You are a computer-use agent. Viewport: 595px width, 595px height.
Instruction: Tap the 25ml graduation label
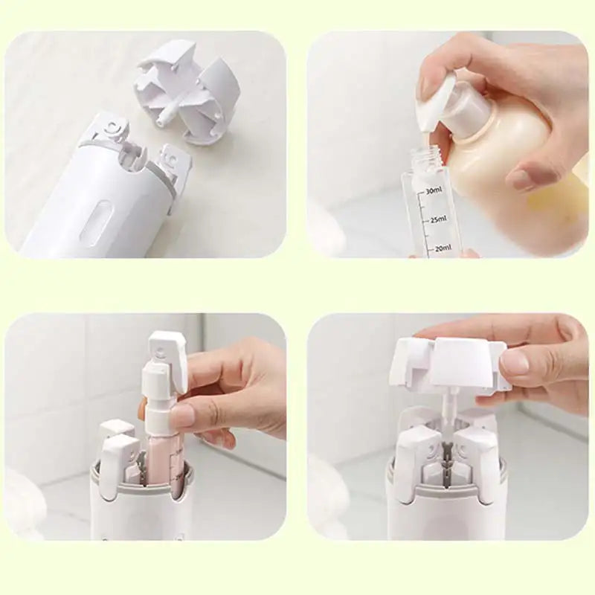[x=437, y=219]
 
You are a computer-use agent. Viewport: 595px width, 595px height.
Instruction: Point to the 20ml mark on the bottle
[x=441, y=248]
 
